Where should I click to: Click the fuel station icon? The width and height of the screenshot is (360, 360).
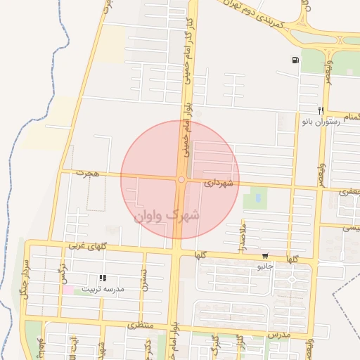pyautogui.click(x=294, y=60)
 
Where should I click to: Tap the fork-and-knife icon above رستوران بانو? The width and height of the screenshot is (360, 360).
pyautogui.click(x=321, y=110)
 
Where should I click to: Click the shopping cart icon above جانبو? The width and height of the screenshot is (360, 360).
pyautogui.click(x=265, y=256)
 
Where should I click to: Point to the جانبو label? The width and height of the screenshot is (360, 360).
pyautogui.click(x=265, y=266)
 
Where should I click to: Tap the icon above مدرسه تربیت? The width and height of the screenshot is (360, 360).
pyautogui.click(x=103, y=278)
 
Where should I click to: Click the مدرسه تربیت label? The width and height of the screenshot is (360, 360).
pyautogui.click(x=103, y=289)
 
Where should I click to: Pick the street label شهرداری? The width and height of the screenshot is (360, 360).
pyautogui.click(x=218, y=183)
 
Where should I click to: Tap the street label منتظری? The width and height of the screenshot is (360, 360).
pyautogui.click(x=141, y=326)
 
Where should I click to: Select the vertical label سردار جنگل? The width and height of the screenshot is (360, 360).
pyautogui.click(x=26, y=280)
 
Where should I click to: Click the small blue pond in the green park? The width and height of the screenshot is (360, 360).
pyautogui.click(x=257, y=199)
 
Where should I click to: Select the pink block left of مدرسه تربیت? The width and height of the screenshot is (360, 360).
pyautogui.click(x=67, y=289)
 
